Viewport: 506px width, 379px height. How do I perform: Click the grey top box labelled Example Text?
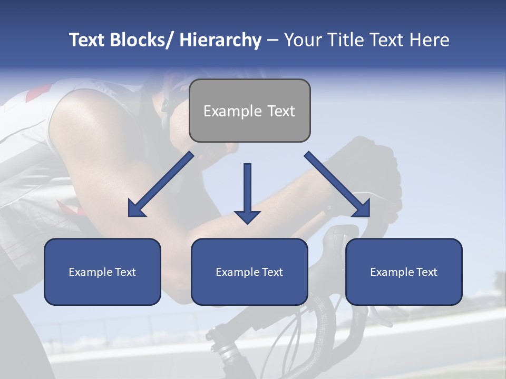tap(249, 111)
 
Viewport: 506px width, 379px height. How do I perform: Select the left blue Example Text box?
tap(102, 272)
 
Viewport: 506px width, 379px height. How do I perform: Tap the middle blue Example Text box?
tap(249, 272)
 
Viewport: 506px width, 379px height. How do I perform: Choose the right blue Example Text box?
tap(404, 272)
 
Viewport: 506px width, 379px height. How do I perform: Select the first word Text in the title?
tap(87, 40)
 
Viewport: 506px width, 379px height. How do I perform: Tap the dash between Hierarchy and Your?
tap(273, 41)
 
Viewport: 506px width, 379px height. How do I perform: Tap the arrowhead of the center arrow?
tap(247, 216)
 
